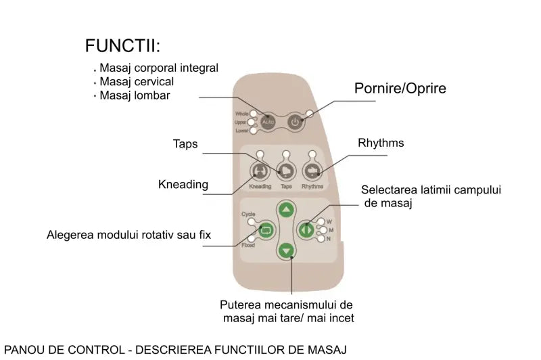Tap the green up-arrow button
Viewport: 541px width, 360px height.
(x=287, y=210)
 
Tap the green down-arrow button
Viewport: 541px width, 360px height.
(x=287, y=250)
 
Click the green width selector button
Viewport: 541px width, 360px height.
(x=308, y=229)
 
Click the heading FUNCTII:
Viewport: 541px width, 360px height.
(x=123, y=46)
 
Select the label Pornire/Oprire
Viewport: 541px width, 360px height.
(x=400, y=89)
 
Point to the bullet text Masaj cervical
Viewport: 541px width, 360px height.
(x=137, y=82)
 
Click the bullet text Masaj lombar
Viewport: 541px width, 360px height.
(x=135, y=95)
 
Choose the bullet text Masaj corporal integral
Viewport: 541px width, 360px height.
(x=158, y=68)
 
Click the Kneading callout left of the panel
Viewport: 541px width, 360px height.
(x=183, y=184)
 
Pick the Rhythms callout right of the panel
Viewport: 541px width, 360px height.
(x=381, y=143)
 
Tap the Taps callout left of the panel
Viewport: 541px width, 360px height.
(x=185, y=143)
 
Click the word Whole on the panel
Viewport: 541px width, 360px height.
(x=241, y=114)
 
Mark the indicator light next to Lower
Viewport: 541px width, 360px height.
(x=252, y=131)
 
